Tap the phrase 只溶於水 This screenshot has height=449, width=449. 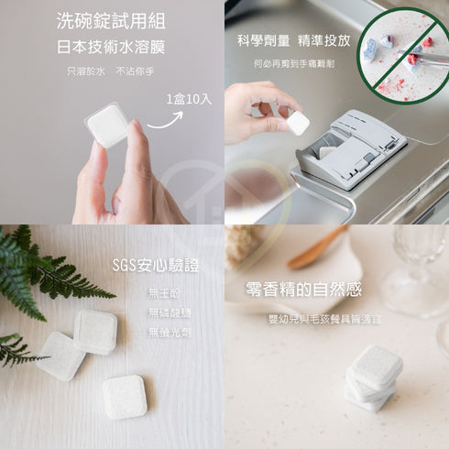coord(85,71)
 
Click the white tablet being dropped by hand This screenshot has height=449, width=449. coord(298,122)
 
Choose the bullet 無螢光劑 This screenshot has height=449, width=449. coord(170,332)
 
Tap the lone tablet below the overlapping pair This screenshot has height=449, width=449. coord(124,396)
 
